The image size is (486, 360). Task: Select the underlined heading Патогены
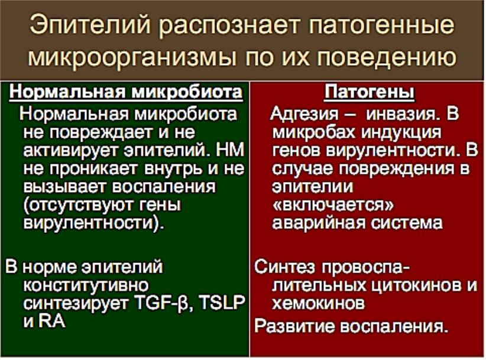(369, 92)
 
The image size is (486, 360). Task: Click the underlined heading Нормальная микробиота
(126, 92)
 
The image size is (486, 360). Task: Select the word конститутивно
(86, 285)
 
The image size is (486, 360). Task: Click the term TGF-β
(165, 303)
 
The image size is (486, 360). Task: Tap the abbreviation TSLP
(222, 303)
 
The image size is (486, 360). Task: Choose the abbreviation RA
(52, 321)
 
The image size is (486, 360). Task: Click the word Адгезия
(304, 115)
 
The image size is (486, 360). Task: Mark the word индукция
(401, 132)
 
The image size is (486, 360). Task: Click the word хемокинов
(318, 303)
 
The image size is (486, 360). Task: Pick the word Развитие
(294, 326)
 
